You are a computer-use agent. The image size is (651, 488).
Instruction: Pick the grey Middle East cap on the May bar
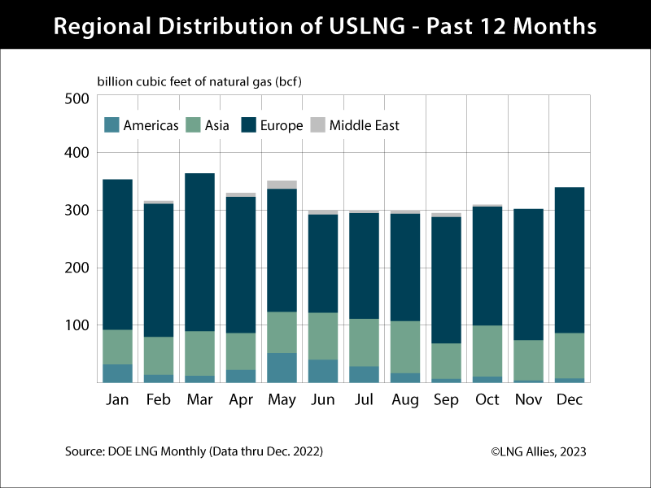tap(282, 185)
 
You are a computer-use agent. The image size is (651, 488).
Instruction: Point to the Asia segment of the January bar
tap(117, 346)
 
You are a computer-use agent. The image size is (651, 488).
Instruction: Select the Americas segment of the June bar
tap(324, 371)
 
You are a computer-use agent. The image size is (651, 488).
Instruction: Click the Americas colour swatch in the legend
tap(111, 125)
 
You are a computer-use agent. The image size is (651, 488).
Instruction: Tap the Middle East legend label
tap(364, 125)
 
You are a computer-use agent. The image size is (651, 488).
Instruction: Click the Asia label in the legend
tap(217, 125)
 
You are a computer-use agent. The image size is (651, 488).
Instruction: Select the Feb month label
tap(158, 401)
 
